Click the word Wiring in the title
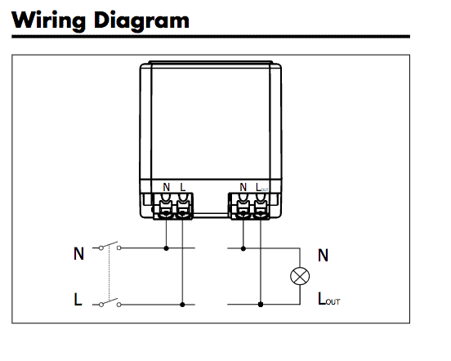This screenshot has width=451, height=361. click(48, 20)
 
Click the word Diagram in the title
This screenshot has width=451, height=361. click(141, 20)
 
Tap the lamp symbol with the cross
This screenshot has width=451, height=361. click(300, 276)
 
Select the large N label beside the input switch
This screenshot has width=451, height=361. click(78, 253)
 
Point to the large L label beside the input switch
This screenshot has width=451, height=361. click(78, 299)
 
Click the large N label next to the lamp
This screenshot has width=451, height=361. click(323, 255)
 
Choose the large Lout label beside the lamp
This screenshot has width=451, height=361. click(329, 298)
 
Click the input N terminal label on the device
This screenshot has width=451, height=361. click(166, 187)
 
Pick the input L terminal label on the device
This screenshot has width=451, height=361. click(183, 187)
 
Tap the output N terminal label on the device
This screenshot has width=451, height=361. click(243, 187)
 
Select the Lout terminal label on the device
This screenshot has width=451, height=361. click(261, 187)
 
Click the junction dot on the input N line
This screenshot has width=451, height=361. click(166, 248)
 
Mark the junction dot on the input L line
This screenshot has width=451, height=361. click(182, 305)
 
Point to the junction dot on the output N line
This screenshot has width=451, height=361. click(243, 248)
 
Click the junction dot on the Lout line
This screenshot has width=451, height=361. click(261, 305)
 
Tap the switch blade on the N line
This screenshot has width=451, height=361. click(109, 244)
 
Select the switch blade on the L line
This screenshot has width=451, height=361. click(109, 301)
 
